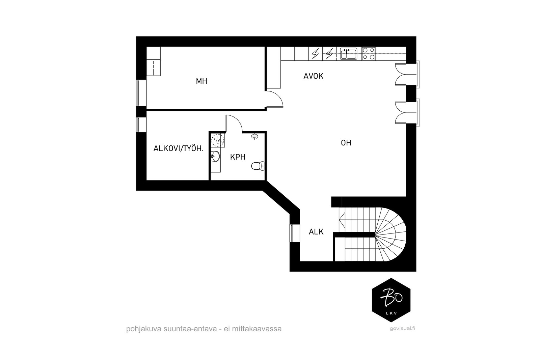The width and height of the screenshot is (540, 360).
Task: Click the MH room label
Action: [x=201, y=81]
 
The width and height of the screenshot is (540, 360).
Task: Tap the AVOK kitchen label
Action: [x=313, y=76]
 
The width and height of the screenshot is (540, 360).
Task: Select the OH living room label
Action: [x=346, y=143]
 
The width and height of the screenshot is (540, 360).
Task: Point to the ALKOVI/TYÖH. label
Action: [x=178, y=148]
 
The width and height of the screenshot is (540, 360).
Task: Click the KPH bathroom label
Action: [x=238, y=157]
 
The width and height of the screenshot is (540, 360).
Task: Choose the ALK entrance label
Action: [x=316, y=232]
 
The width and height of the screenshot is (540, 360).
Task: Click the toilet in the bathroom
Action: [x=257, y=166]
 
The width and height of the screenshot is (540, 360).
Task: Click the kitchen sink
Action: [x=348, y=54]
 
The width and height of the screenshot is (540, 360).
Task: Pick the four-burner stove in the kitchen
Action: [x=369, y=54]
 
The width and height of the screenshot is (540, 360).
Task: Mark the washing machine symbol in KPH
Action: [x=218, y=140]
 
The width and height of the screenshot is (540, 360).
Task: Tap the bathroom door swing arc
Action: [x=235, y=122]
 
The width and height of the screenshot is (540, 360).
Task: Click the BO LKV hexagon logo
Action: [x=391, y=300]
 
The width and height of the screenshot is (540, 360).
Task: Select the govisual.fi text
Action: [x=402, y=329]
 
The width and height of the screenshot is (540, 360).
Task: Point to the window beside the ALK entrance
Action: [x=292, y=233]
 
